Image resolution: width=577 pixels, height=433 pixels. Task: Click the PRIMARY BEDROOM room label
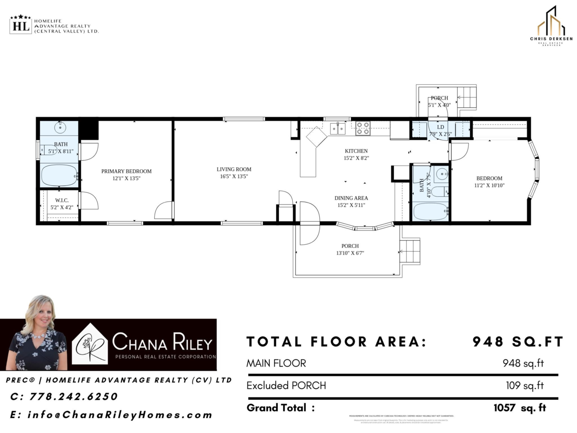[126, 171]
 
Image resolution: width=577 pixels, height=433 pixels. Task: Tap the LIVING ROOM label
[234, 169]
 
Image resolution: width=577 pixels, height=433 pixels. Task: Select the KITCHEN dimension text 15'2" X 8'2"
[356, 158]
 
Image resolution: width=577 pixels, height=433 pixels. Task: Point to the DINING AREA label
[351, 198]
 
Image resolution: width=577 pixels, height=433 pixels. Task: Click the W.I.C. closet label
[62, 200]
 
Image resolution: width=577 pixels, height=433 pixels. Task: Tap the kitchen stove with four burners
[363, 128]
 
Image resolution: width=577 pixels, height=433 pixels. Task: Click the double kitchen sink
[338, 128]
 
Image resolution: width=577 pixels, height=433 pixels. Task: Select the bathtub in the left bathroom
[59, 176]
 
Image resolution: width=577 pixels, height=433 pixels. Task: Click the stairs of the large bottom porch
[410, 251]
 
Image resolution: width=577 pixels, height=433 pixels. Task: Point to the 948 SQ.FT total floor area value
[517, 342]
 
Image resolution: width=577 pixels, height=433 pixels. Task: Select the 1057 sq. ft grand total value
[520, 408]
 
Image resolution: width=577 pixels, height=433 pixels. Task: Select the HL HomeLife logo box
[20, 25]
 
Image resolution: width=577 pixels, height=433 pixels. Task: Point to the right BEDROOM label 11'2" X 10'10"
[489, 181]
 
